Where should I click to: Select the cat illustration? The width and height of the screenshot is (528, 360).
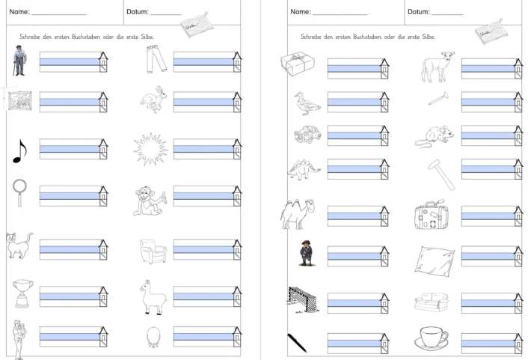coord(19,245)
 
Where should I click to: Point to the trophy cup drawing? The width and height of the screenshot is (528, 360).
coord(23,293)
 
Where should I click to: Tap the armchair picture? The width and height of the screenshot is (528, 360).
coord(153,250)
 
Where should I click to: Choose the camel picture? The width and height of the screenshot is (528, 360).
coord(298,213)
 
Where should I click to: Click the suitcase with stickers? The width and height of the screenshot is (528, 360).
coord(430,216)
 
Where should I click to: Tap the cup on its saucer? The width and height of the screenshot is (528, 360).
coord(433,338)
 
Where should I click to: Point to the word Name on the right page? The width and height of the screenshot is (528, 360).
coord(300,12)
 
